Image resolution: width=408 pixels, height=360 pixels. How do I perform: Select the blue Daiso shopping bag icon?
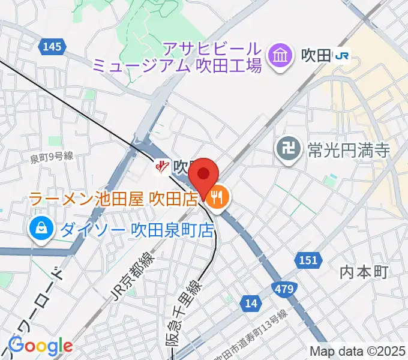pyautogui.click(x=40, y=229)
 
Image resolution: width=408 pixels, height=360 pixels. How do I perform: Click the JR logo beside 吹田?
pyautogui.click(x=343, y=57)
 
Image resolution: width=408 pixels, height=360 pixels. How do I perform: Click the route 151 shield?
pyautogui.click(x=307, y=260)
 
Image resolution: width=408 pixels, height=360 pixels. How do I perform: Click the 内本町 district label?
pyautogui.click(x=364, y=272)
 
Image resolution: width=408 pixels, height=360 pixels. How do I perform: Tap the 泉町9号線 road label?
pyautogui.click(x=52, y=157)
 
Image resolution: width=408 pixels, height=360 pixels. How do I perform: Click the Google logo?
pyautogui.click(x=40, y=346)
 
